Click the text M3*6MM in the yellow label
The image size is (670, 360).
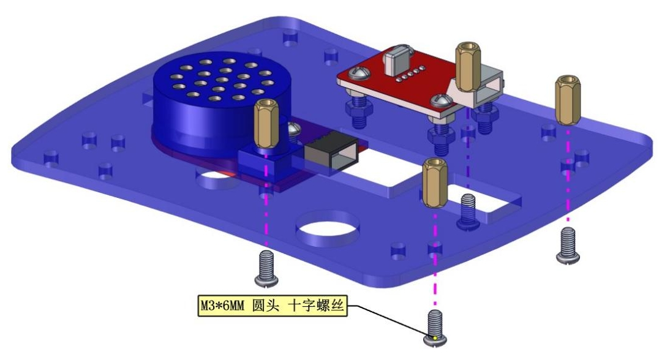222,306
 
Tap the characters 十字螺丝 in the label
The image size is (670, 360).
317,306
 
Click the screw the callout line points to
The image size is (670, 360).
435,328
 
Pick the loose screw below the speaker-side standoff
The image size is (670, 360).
266,268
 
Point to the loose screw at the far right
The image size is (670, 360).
568,245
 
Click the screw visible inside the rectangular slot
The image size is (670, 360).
469,211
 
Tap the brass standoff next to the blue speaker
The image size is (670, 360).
266,123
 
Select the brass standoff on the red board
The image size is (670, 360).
468,67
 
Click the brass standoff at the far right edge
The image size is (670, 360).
568,100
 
